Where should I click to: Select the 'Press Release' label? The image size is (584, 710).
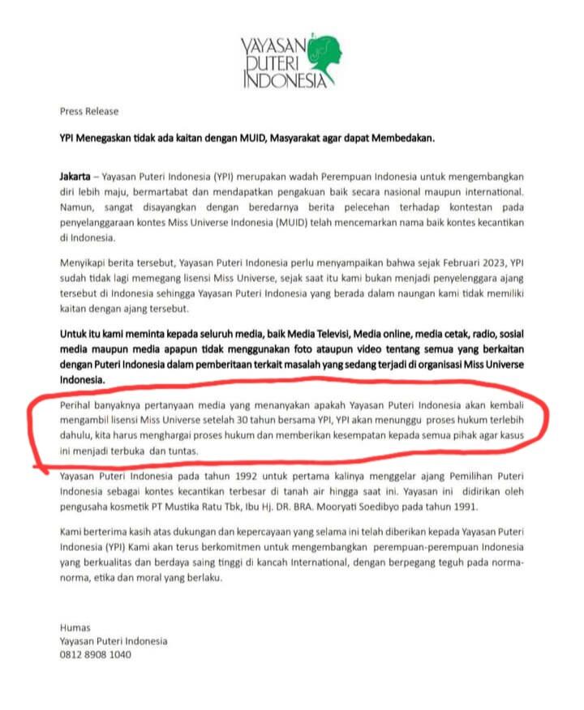(x=88, y=111)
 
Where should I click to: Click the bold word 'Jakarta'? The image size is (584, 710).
(x=77, y=175)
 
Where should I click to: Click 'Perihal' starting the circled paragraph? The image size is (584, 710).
(x=78, y=405)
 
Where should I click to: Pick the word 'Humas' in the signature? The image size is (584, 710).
(x=75, y=627)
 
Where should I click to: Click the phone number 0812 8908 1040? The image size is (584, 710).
(x=95, y=655)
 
